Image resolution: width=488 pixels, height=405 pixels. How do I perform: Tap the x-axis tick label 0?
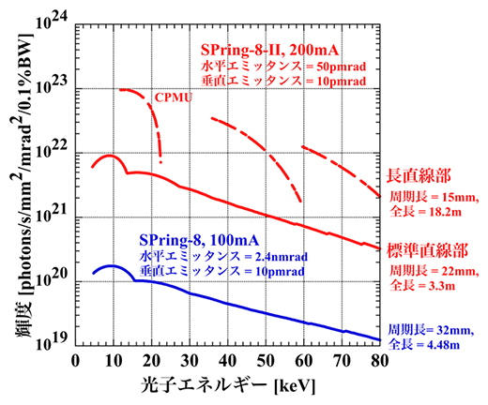75,361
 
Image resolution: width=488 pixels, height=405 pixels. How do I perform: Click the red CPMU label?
173,96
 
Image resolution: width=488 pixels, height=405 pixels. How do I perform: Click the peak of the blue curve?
112,265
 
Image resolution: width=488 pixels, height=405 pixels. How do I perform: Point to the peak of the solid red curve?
110,156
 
